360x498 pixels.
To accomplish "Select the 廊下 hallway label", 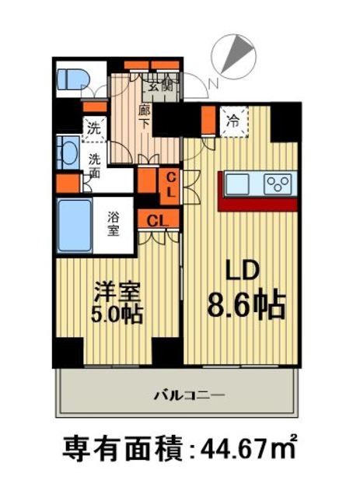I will click(x=145, y=118).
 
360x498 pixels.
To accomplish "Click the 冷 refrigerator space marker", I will click(x=232, y=121).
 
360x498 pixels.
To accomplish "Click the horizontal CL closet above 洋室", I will click(x=157, y=220).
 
